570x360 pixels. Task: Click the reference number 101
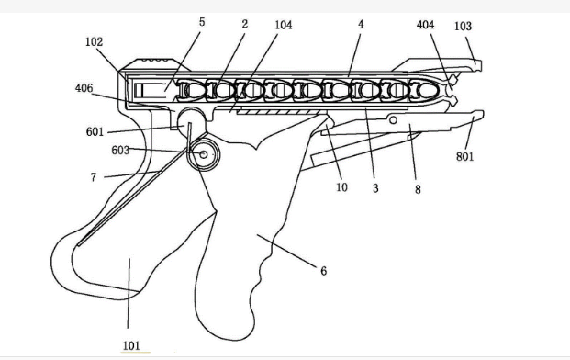pos(131,345)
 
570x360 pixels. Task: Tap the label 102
pos(95,42)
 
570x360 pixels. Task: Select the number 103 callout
pos(464,27)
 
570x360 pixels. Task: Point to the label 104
pos(284,25)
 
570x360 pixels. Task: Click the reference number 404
pos(425,25)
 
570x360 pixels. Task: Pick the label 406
pos(84,88)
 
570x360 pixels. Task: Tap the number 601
pos(95,131)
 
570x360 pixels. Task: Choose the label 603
pos(120,151)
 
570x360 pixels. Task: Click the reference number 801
pos(465,157)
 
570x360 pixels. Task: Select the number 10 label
pos(341,187)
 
